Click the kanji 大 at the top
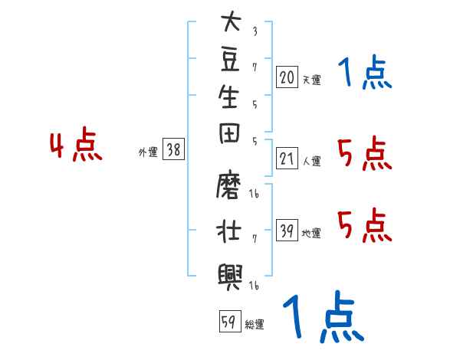click(x=231, y=21)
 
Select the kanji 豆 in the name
click(x=230, y=59)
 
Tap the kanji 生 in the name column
click(x=228, y=97)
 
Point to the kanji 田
click(x=229, y=133)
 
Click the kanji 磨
click(x=228, y=184)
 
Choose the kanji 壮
click(x=228, y=231)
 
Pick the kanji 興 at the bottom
click(x=230, y=277)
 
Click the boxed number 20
click(x=287, y=77)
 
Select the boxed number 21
click(x=287, y=159)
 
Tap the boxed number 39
click(x=287, y=230)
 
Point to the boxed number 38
click(x=173, y=149)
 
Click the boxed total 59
click(x=230, y=321)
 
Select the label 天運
click(x=312, y=80)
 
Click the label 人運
click(x=312, y=161)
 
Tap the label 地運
click(x=311, y=234)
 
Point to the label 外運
click(x=148, y=152)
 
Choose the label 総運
click(x=255, y=325)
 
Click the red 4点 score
click(x=76, y=144)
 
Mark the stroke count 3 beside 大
click(x=255, y=31)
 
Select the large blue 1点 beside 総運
click(x=324, y=316)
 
